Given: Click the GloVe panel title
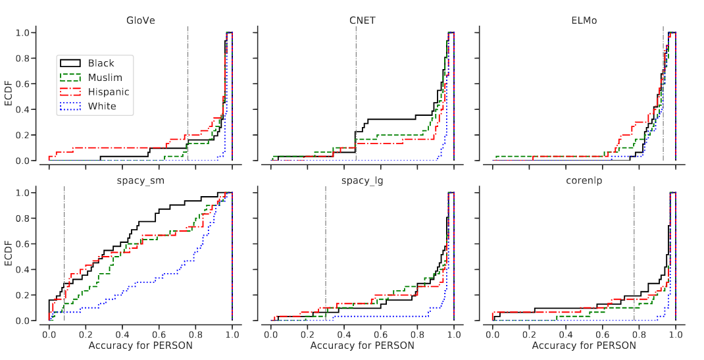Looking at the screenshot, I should tap(140, 20).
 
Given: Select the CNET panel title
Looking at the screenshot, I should tap(363, 20).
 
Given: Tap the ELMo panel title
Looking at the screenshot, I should tap(584, 20).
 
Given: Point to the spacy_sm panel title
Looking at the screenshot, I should tap(140, 180).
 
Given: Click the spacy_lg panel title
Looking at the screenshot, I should tap(363, 180).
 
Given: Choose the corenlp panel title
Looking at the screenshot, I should tap(584, 180).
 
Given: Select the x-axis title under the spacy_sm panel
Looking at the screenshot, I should tap(140, 346).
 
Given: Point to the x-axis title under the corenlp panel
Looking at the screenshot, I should tap(584, 346).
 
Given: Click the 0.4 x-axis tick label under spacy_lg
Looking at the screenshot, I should tap(344, 334).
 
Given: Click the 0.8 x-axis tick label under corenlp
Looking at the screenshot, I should tap(639, 334).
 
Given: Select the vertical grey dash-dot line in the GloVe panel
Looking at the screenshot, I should tap(188, 92).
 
